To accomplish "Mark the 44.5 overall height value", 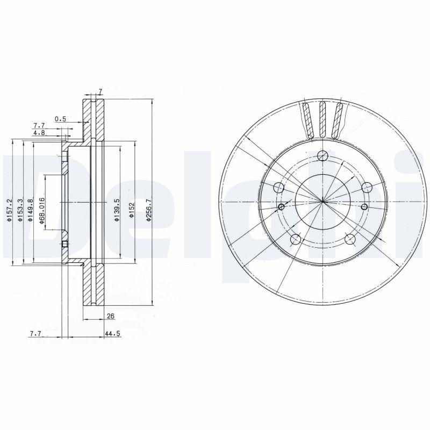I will tap(112, 334).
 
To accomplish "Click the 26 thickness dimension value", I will tap(111, 316).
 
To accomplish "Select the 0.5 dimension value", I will tap(60, 119).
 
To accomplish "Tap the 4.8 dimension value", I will tap(39, 132).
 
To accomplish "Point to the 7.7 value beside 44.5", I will tap(35, 334).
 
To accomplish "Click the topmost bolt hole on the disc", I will tap(322, 156).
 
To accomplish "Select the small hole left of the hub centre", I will tap(281, 207).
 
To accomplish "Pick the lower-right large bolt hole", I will tap(349, 240).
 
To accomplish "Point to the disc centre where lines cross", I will tap(322, 202).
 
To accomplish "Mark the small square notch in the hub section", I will tap(64, 245).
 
